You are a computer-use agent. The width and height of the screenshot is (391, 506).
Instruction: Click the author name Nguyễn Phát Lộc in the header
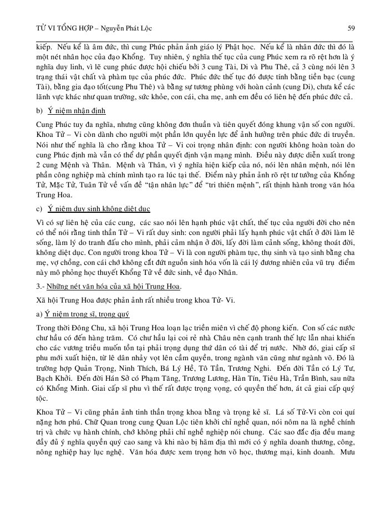(120, 27)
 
